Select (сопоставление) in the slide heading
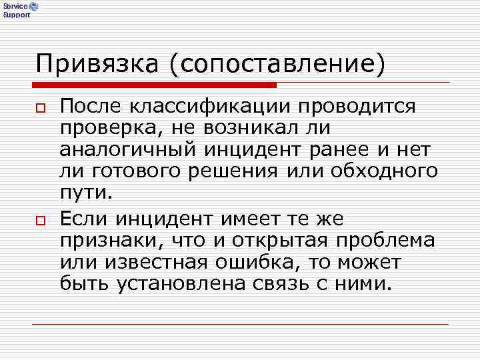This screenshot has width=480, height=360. coord(277,64)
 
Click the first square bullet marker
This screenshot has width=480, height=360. coord(41,108)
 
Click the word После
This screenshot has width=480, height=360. coord(91,106)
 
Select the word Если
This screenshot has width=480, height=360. coord(84,219)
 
